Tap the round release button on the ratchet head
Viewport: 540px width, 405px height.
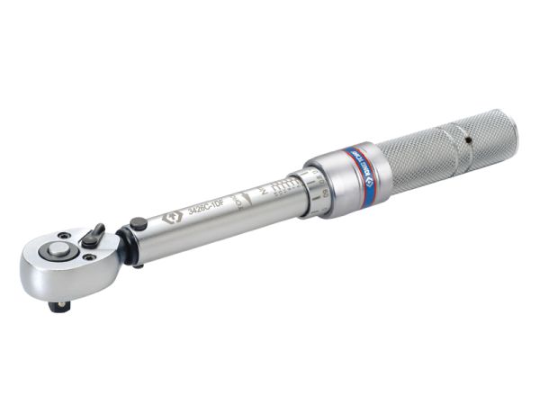[60, 251]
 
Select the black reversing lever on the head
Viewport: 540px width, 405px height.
[94, 235]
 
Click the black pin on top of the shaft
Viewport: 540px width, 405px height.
[137, 224]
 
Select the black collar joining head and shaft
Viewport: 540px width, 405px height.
[126, 246]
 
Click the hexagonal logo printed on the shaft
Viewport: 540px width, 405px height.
[169, 219]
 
